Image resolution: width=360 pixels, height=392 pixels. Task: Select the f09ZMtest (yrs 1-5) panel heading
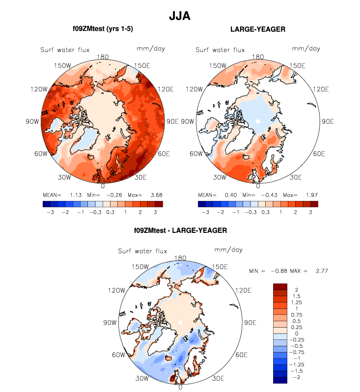pos(103,29)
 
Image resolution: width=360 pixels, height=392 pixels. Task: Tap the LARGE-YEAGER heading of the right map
pos(257,29)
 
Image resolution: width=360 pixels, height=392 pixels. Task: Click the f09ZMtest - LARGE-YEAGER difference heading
pos(180,230)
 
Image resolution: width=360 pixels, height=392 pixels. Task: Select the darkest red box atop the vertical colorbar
pos(280,286)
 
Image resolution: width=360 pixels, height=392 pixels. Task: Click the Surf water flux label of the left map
pos(65,50)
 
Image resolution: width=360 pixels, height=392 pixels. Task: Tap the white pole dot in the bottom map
pos(181,322)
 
